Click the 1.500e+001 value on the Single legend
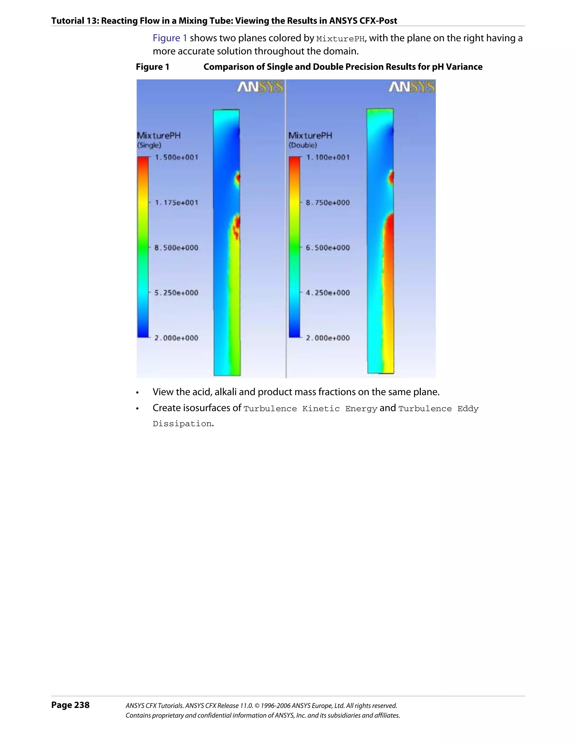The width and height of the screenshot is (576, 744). (176, 157)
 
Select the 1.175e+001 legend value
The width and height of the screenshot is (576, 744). (176, 203)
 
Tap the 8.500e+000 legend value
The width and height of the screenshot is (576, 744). (176, 248)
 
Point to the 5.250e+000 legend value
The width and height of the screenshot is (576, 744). (176, 293)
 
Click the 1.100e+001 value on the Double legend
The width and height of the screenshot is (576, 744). (328, 157)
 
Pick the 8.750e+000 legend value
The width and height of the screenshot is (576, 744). (328, 203)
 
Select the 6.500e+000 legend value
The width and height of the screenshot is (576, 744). (328, 248)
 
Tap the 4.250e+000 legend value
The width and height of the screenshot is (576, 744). (328, 293)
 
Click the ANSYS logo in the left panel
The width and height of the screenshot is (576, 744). (260, 87)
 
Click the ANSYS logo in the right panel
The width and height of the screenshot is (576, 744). (412, 87)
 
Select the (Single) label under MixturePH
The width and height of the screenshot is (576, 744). (149, 146)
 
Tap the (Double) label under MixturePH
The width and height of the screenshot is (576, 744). (303, 146)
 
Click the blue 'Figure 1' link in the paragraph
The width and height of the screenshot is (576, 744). (170, 38)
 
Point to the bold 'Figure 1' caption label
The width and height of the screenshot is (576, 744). (152, 67)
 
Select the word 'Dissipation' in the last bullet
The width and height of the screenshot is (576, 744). (182, 424)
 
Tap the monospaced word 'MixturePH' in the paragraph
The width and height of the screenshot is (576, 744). (340, 39)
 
